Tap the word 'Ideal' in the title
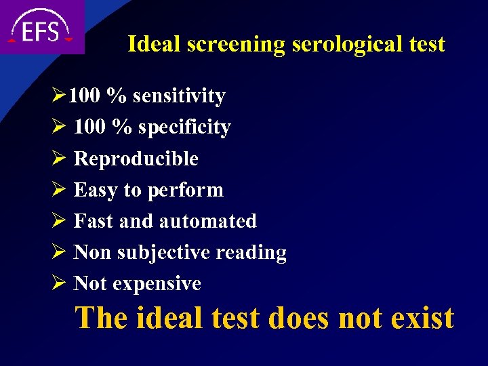(x=153, y=45)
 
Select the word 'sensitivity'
(x=179, y=97)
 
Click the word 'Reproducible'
(x=136, y=159)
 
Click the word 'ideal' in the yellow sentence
(x=171, y=317)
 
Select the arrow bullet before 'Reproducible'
(x=56, y=159)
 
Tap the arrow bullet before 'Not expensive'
(x=56, y=283)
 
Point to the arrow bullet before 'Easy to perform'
(x=56, y=190)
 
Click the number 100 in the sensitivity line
(x=84, y=96)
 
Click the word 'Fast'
(x=93, y=221)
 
